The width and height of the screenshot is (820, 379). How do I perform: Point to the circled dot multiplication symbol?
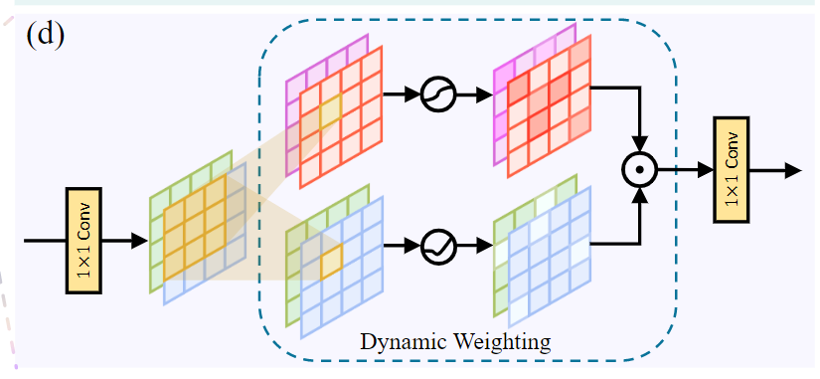point(641,170)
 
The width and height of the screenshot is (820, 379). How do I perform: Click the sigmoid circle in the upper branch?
point(437,95)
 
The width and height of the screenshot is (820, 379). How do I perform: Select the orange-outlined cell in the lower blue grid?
point(331,260)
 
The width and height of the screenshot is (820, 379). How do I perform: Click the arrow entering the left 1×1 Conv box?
point(45,240)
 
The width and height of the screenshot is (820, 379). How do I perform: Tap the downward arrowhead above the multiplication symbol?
point(641,143)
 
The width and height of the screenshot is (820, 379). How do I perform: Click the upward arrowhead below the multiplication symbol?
point(641,196)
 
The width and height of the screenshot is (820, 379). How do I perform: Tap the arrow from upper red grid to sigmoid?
point(402,95)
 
